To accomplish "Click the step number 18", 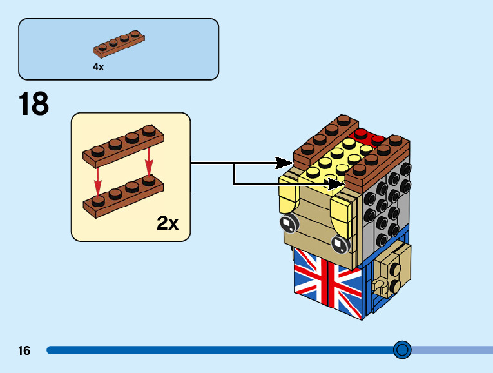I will (x=34, y=104).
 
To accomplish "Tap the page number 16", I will (x=24, y=351).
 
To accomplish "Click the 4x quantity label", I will (x=98, y=66).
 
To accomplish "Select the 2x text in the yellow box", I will (x=168, y=224).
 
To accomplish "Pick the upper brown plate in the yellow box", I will (x=123, y=146).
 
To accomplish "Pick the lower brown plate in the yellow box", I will (x=123, y=196).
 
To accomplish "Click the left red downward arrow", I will (x=98, y=175).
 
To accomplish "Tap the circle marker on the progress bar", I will (x=402, y=350).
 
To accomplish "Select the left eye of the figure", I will (x=288, y=224).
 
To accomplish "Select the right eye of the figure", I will (x=339, y=244).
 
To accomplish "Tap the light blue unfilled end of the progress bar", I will (x=451, y=350).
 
